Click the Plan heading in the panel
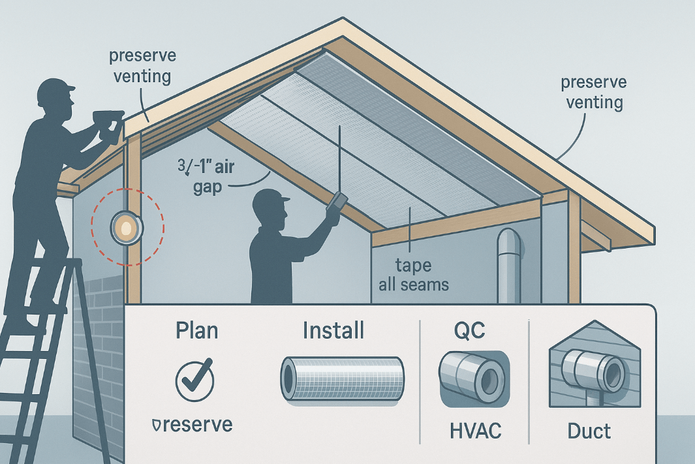[x=197, y=330]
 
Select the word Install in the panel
[x=333, y=330]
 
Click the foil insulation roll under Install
[x=342, y=378]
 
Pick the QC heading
[x=470, y=331]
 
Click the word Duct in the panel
[x=589, y=431]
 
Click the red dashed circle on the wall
[x=127, y=228]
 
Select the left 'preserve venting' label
[x=140, y=67]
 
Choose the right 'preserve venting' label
[x=593, y=93]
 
